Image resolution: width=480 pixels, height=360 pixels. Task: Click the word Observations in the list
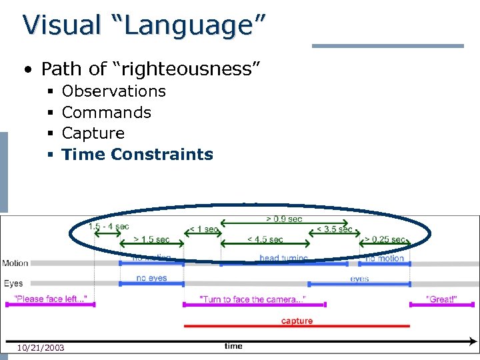pos(113,91)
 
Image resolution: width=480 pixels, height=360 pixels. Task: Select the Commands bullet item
pos(106,113)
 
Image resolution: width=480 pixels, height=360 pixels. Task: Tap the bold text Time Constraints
pos(137,155)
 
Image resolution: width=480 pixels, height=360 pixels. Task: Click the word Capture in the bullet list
pos(93,133)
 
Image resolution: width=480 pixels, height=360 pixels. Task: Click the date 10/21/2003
pos(41,347)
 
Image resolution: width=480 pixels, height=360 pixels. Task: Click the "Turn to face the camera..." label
pos(253,299)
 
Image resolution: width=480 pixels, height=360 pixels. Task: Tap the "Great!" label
pos(441,299)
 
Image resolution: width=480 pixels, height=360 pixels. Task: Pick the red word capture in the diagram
pos(297,321)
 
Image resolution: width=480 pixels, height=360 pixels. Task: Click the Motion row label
pos(15,263)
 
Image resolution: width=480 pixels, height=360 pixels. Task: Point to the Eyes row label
pos(13,283)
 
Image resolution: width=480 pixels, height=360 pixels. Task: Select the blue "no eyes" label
pos(151,278)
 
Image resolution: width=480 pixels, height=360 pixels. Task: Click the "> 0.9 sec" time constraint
pos(284,219)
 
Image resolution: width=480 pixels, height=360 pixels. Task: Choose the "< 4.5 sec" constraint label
pos(265,239)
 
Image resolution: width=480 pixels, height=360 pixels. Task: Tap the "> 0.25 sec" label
pos(385,239)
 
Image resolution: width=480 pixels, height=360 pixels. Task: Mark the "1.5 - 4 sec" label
pos(109,226)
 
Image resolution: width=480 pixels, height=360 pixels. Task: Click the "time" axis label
pos(233,346)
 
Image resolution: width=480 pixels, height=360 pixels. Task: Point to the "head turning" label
pos(284,258)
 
